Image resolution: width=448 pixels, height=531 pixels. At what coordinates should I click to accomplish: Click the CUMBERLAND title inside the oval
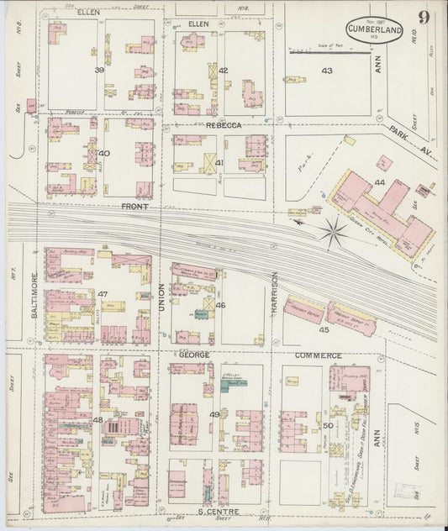click(x=372, y=27)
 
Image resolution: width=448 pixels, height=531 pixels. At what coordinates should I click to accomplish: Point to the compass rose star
click(x=334, y=231)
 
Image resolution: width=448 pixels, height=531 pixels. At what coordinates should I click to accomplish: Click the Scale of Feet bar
click(x=330, y=53)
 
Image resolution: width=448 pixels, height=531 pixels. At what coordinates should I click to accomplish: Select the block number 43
click(x=326, y=71)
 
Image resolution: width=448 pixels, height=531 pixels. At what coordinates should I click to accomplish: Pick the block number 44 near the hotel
click(x=380, y=182)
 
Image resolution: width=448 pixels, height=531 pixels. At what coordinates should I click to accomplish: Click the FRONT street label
click(x=134, y=206)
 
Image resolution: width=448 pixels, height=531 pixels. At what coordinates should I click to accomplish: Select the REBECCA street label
click(x=224, y=125)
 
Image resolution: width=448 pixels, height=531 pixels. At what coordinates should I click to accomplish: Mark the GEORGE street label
click(x=193, y=355)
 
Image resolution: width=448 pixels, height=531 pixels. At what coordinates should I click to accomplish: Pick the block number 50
click(x=326, y=426)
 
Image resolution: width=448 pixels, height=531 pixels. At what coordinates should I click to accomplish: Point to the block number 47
click(x=103, y=293)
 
